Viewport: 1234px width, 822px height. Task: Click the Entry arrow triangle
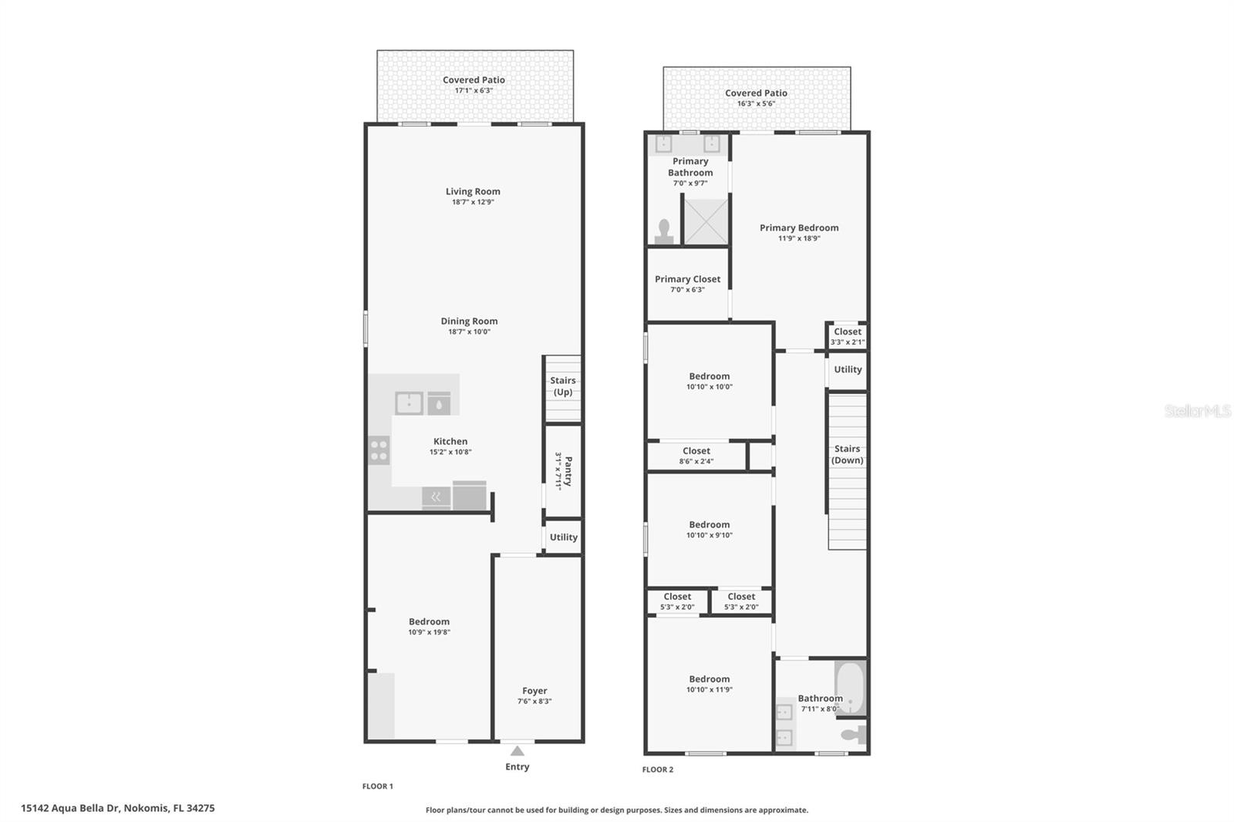pyautogui.click(x=518, y=751)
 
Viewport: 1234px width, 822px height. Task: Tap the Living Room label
pyautogui.click(x=473, y=191)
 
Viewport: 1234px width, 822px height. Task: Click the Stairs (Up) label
pyautogui.click(x=563, y=386)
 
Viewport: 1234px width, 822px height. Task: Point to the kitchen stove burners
pyautogui.click(x=379, y=450)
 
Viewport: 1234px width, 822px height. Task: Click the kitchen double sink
pyautogui.click(x=409, y=403)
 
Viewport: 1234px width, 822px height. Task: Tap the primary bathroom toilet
pyautogui.click(x=664, y=231)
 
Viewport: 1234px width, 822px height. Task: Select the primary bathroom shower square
pyautogui.click(x=706, y=221)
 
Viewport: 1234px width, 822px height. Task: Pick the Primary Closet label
pyautogui.click(x=687, y=279)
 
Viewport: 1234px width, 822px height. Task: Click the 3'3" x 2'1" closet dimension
pyautogui.click(x=848, y=342)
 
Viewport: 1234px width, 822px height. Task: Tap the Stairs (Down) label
pyautogui.click(x=847, y=454)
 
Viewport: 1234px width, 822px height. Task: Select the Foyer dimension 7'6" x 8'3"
pyautogui.click(x=534, y=702)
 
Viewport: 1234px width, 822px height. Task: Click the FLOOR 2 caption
pyautogui.click(x=658, y=770)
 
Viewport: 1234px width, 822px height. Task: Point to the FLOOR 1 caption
pyautogui.click(x=378, y=787)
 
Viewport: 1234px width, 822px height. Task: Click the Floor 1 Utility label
pyautogui.click(x=564, y=537)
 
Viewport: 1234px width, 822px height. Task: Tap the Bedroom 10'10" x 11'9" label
pyautogui.click(x=709, y=679)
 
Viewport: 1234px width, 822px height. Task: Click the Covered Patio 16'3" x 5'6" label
pyautogui.click(x=756, y=93)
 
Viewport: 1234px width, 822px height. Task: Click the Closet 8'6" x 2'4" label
pyautogui.click(x=696, y=451)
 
